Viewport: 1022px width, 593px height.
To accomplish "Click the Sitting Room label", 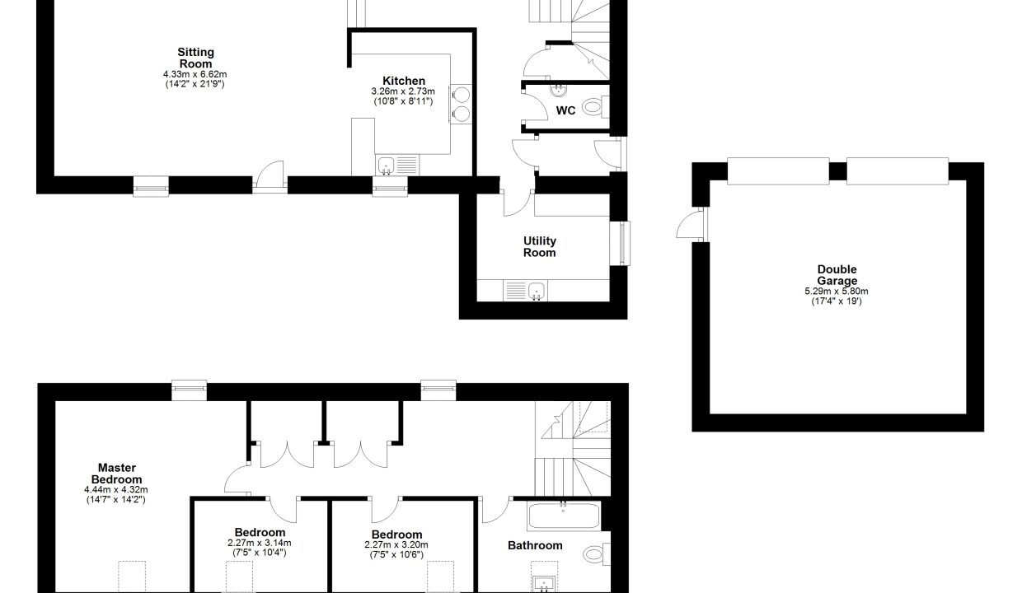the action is tap(195, 58).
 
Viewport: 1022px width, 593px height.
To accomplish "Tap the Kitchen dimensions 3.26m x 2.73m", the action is tap(403, 91).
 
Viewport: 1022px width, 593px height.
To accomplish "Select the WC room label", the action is tap(565, 110).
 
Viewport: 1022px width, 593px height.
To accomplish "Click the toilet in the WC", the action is tap(596, 107).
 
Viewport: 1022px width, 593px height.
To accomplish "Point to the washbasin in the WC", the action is tap(558, 91).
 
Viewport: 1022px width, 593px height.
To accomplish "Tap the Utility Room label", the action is tap(540, 246).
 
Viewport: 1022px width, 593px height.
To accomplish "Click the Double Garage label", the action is tap(837, 275).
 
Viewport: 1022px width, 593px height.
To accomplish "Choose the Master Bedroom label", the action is tap(117, 473).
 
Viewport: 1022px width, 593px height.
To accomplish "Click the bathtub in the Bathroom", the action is tap(564, 516).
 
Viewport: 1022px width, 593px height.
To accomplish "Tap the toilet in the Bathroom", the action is tap(597, 554).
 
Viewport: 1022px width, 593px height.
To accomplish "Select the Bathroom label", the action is tap(535, 545).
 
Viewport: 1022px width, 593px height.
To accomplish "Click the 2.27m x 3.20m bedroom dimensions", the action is tap(396, 544).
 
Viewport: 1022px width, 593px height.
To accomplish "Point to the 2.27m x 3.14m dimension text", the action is tap(259, 543).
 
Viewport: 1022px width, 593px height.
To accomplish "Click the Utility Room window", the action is tap(620, 244).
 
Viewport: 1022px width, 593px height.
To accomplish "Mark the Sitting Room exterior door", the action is tap(270, 176).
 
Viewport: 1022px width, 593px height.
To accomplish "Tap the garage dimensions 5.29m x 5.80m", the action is tap(837, 292).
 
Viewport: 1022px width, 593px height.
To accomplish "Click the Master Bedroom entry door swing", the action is tap(237, 479).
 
